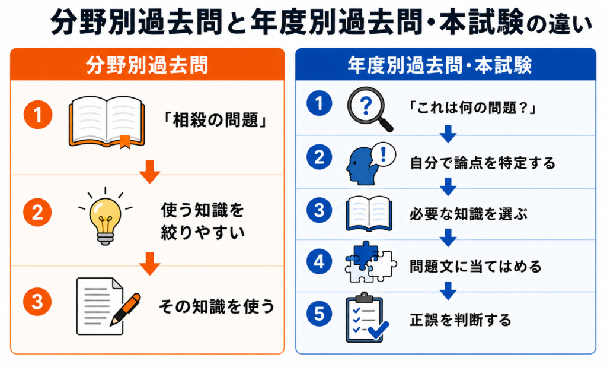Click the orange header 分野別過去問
point(147,65)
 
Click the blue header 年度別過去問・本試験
point(440,65)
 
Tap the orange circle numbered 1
point(37,115)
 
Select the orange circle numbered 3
point(37,302)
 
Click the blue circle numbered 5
point(319,314)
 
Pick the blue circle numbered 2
point(319,157)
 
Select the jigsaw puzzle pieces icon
point(370,262)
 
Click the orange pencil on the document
point(126,309)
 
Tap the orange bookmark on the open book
point(124,142)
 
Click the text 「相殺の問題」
point(215,120)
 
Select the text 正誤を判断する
point(461,320)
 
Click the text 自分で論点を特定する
point(483,163)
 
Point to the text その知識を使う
point(217,306)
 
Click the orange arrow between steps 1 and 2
point(150,172)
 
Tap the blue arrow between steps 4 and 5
point(448,291)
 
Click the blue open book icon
point(369,214)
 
